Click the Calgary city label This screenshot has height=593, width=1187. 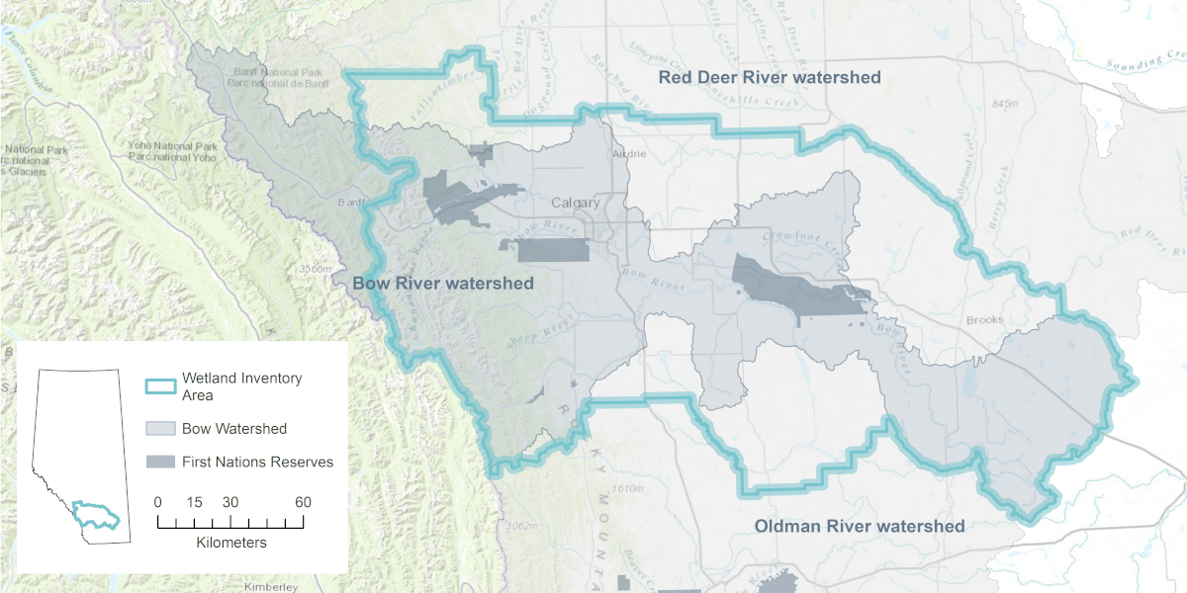pyautogui.click(x=575, y=203)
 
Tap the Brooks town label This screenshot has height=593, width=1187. pyautogui.click(x=984, y=320)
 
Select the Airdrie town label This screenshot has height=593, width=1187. pyautogui.click(x=629, y=154)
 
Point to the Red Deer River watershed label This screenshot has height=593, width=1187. pyautogui.click(x=770, y=77)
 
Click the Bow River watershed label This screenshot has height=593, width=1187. pyautogui.click(x=443, y=284)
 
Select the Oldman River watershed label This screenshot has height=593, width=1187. pyautogui.click(x=859, y=526)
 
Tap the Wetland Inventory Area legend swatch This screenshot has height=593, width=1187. pyautogui.click(x=160, y=386)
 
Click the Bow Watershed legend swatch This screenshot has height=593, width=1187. pyautogui.click(x=160, y=429)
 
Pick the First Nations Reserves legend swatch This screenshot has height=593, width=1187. pyautogui.click(x=160, y=462)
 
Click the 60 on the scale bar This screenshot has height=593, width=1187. pyautogui.click(x=303, y=502)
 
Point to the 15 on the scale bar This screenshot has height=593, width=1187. pyautogui.click(x=195, y=502)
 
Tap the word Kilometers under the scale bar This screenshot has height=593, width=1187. pyautogui.click(x=231, y=543)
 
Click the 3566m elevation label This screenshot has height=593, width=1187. pyautogui.click(x=314, y=269)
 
